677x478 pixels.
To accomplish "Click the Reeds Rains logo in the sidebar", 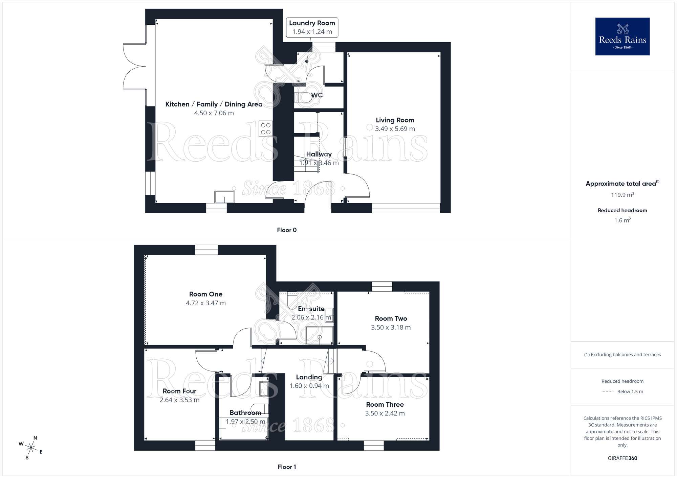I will click(x=622, y=37).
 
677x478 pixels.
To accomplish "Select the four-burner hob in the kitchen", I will click(x=266, y=129).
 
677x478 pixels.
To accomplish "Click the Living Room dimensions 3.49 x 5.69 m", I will click(x=395, y=129).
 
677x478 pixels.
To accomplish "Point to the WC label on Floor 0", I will click(x=317, y=95).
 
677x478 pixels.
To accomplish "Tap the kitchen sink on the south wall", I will click(x=224, y=197).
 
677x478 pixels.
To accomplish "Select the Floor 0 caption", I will click(x=287, y=230).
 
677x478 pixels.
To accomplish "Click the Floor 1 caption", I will click(x=287, y=467).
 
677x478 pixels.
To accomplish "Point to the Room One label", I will click(x=205, y=294).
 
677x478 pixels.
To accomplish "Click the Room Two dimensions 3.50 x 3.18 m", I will click(x=391, y=327).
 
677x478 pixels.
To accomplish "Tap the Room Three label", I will click(x=385, y=405).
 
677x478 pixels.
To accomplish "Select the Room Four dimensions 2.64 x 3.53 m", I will click(x=179, y=400).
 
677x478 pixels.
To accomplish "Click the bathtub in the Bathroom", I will click(x=243, y=429).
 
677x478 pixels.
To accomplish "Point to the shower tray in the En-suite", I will click(x=319, y=335).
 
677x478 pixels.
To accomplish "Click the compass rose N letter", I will click(x=35, y=438).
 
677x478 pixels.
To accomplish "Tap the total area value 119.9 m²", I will click(x=622, y=195).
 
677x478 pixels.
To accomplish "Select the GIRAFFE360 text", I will click(x=622, y=458).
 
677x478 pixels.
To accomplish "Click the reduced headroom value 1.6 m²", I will click(x=622, y=220).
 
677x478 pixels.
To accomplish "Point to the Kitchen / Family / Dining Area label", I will click(x=214, y=104).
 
